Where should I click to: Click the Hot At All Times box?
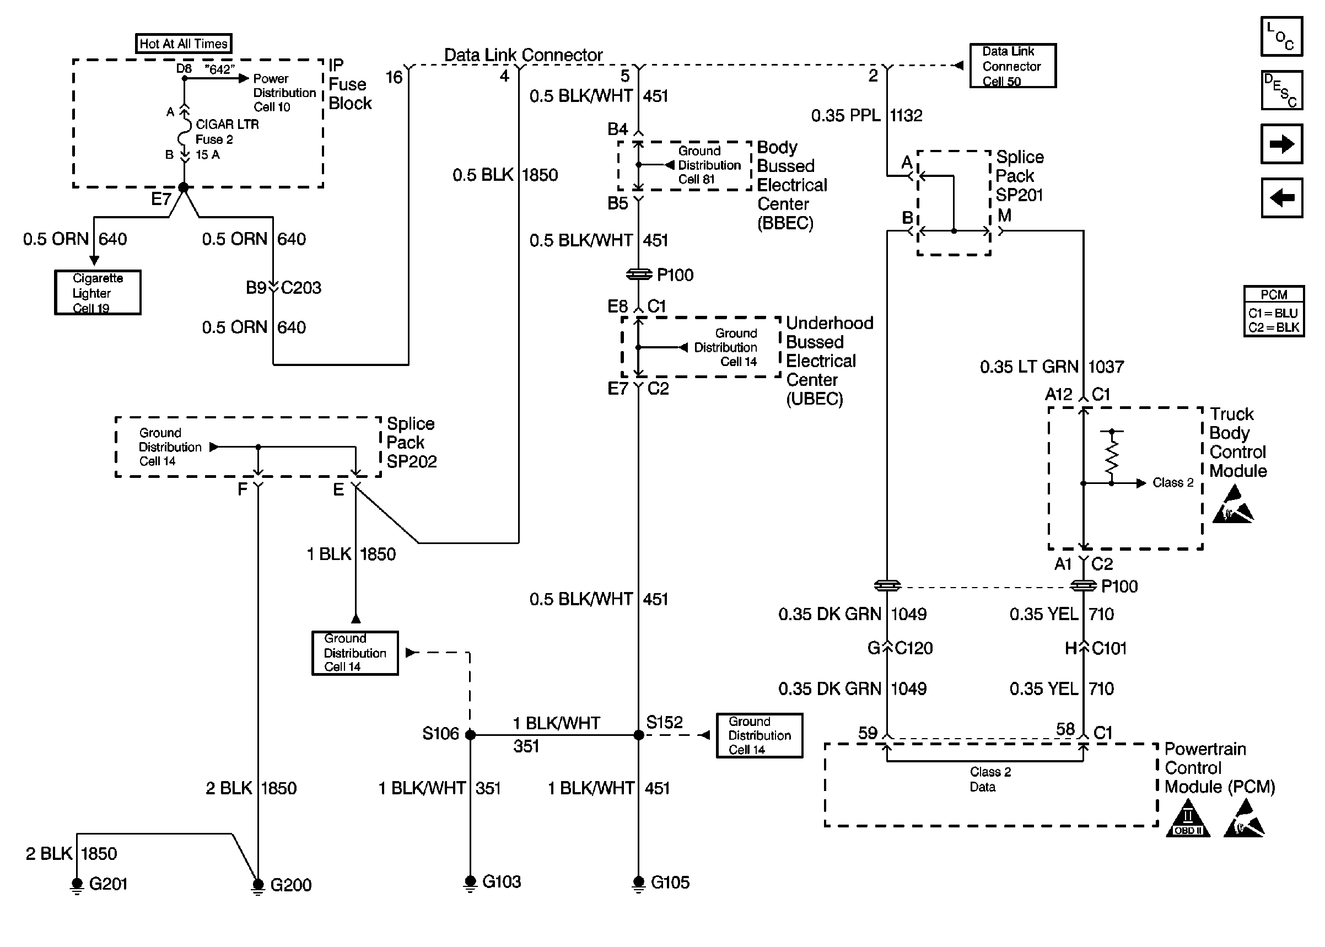tap(183, 44)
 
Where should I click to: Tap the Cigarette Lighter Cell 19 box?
tap(98, 293)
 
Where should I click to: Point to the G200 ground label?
tap(290, 885)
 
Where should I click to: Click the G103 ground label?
tap(502, 882)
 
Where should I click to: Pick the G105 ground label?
tap(670, 883)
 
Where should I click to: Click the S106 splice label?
tap(440, 734)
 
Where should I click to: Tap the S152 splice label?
tap(664, 723)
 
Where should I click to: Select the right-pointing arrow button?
tap(1281, 144)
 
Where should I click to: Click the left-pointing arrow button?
tap(1281, 198)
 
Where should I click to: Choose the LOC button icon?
tap(1281, 37)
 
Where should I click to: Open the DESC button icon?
tap(1281, 90)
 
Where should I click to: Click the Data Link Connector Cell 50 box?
tap(1012, 66)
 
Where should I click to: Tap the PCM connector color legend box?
tap(1274, 311)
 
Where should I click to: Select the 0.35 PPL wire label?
tap(845, 115)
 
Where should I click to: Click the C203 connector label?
tap(301, 288)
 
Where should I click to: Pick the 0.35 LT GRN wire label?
tap(1029, 367)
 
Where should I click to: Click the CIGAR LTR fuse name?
tap(227, 124)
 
